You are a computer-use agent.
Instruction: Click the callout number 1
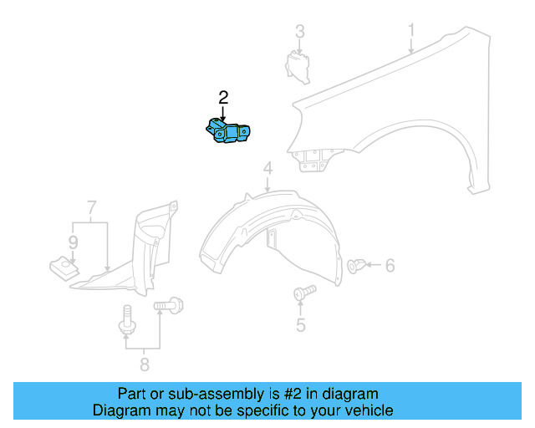411,31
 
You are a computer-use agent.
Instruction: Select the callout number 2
223,97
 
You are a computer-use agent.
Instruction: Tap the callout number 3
299,32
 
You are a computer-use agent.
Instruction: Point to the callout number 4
267,171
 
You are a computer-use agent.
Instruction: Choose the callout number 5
300,326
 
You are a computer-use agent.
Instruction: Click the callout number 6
390,266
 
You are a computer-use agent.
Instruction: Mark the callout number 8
144,364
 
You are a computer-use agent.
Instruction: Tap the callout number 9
73,243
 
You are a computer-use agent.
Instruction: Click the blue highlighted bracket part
229,132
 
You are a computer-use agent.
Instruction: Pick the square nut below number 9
62,267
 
